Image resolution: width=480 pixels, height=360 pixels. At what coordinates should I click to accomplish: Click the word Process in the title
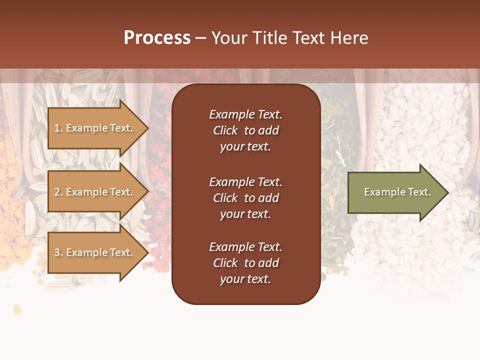(157, 38)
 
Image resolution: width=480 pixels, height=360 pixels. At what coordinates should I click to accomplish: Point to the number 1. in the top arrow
(58, 128)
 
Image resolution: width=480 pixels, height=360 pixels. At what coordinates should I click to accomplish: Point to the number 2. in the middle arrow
(58, 192)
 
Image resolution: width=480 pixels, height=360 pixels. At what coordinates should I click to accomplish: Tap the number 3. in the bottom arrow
(58, 252)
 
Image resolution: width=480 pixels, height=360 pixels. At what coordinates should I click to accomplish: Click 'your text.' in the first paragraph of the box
(245, 147)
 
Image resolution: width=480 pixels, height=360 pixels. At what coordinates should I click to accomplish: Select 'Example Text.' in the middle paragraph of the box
(245, 182)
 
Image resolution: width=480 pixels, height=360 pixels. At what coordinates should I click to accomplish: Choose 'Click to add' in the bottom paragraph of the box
(245, 263)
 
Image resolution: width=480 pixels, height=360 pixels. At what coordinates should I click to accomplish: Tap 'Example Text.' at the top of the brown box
(245, 114)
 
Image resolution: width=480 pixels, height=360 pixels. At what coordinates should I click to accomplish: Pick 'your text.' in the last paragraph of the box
(245, 279)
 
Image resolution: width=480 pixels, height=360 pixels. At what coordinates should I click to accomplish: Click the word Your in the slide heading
(229, 38)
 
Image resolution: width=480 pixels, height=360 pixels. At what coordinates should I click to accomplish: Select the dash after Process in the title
(201, 38)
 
